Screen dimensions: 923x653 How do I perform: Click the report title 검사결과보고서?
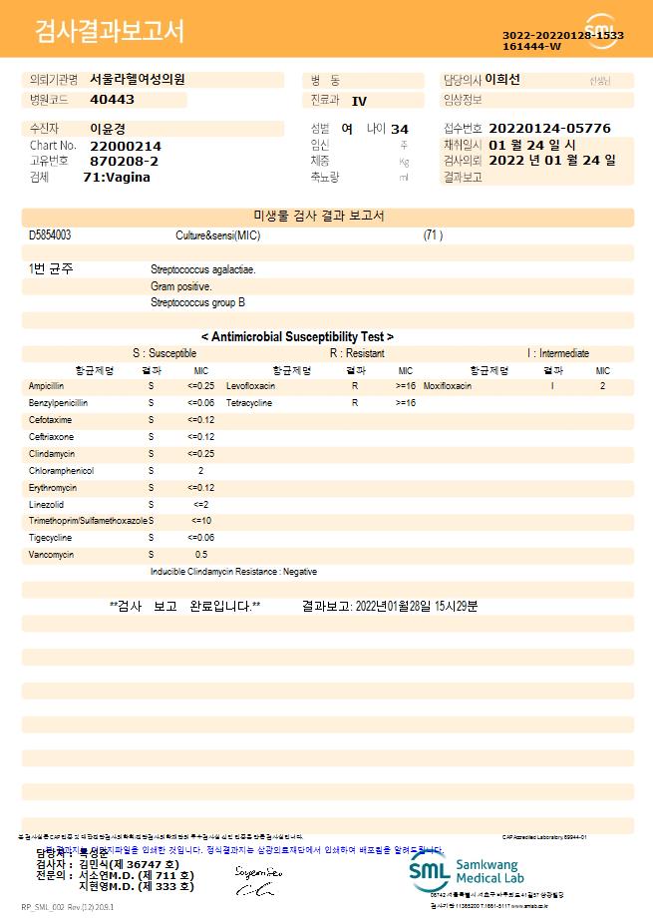click(x=110, y=32)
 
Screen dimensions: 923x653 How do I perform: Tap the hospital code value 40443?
click(x=112, y=100)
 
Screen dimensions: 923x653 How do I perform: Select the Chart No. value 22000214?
click(x=125, y=146)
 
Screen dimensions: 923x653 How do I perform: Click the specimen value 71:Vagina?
click(x=117, y=177)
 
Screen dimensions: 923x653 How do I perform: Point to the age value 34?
click(x=400, y=129)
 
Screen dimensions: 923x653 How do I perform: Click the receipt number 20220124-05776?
click(x=550, y=129)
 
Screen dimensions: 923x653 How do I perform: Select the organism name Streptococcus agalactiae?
click(x=202, y=269)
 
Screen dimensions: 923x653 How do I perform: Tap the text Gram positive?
click(x=181, y=286)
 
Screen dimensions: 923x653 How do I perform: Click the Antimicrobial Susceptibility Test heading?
click(x=297, y=337)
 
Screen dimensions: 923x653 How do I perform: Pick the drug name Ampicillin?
click(x=47, y=385)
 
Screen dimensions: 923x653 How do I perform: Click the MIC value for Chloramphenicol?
click(x=200, y=470)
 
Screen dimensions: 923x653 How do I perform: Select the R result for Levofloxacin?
click(x=354, y=385)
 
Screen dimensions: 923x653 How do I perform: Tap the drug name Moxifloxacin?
click(x=448, y=385)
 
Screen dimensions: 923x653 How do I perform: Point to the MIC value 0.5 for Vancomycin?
click(x=200, y=554)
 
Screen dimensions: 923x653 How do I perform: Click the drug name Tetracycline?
click(x=249, y=402)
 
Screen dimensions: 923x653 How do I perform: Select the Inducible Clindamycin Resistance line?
click(x=233, y=572)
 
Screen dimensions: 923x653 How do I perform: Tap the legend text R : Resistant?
click(x=357, y=353)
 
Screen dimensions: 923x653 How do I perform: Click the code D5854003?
click(x=50, y=234)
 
